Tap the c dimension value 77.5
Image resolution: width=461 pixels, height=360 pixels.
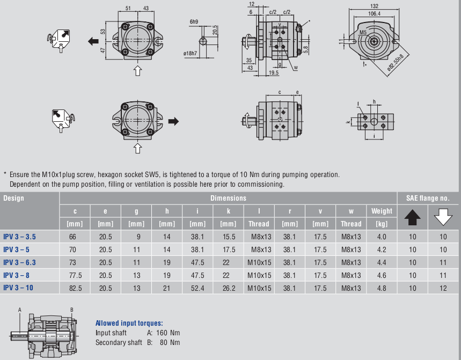75,275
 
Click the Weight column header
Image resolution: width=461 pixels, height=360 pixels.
382,210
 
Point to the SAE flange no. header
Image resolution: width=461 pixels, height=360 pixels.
428,198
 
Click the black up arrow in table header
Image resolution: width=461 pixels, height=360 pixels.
412,217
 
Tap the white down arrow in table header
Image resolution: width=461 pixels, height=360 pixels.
443,217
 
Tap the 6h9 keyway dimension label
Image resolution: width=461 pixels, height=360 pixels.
194,21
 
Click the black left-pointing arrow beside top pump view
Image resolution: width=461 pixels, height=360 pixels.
93,40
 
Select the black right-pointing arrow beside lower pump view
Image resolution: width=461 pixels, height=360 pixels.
173,121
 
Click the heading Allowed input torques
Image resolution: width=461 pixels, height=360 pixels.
129,323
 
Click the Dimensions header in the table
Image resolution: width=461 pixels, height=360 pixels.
228,198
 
